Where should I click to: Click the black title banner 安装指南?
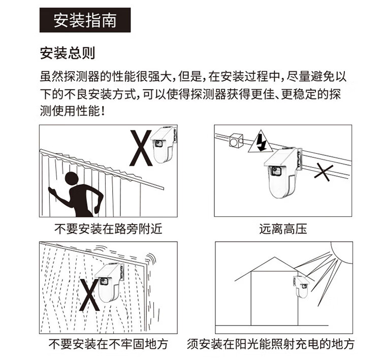[85, 20]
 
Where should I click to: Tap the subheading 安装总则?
[67, 53]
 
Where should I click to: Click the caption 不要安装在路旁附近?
[108, 229]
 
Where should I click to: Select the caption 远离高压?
[283, 229]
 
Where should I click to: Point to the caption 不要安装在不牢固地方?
[108, 344]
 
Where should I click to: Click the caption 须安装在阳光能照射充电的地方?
[270, 344]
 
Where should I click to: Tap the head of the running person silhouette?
[72, 179]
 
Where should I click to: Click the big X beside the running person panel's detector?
[141, 148]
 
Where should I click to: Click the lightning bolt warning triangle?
[261, 142]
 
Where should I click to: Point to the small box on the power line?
[236, 140]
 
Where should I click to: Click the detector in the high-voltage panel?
[283, 172]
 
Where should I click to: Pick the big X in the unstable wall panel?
[89, 295]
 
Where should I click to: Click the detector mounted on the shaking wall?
[109, 282]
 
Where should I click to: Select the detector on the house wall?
[301, 287]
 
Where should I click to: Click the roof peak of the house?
[274, 257]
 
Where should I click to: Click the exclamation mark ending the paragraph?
[103, 111]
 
